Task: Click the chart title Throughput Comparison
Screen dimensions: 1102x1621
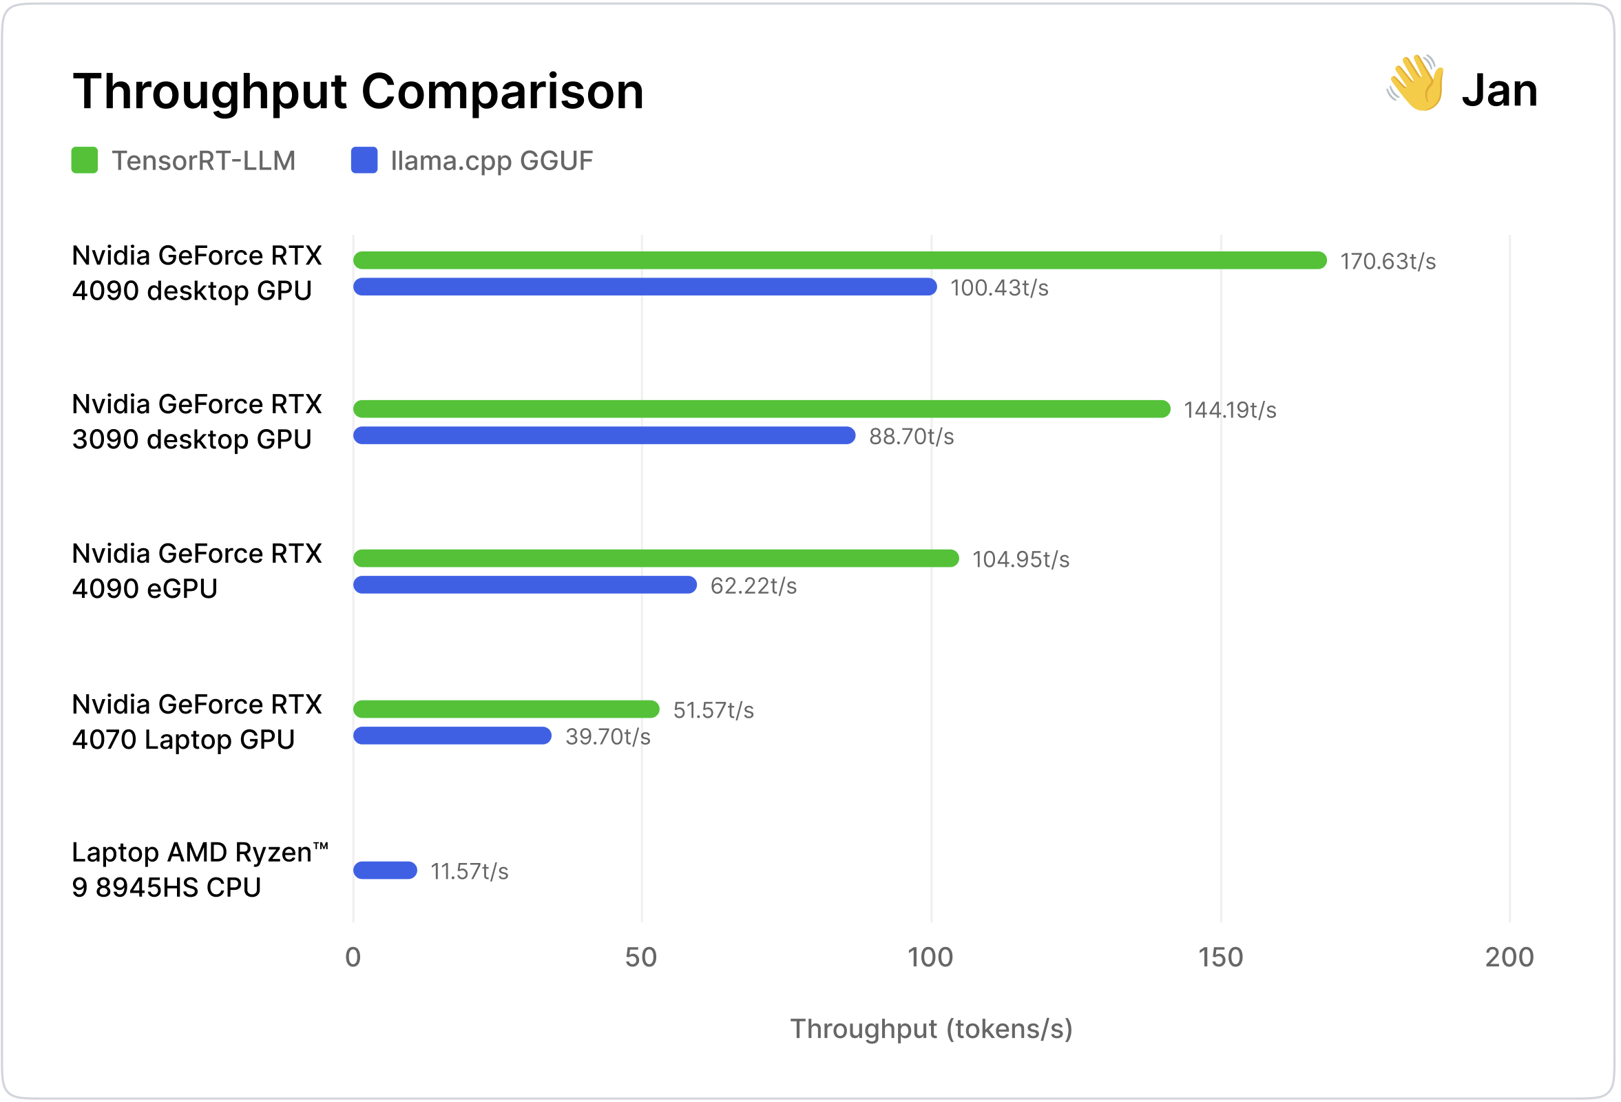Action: (x=358, y=92)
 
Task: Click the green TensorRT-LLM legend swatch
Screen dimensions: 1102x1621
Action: (x=85, y=160)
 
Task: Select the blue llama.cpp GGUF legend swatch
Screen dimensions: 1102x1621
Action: (x=364, y=160)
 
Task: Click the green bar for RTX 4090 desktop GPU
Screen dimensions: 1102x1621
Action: (x=839, y=260)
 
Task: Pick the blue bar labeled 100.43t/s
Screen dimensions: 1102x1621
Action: (x=645, y=287)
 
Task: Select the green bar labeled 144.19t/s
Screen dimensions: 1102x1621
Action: (x=761, y=409)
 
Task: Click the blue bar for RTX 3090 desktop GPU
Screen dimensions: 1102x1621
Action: (x=604, y=436)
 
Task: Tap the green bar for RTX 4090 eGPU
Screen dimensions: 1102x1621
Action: (x=656, y=559)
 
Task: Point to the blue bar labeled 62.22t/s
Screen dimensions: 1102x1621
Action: (x=525, y=585)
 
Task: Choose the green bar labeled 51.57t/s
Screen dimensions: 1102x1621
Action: (x=505, y=709)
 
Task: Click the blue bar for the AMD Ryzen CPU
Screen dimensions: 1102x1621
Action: (x=385, y=871)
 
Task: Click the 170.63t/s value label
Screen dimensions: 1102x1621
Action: (x=1388, y=262)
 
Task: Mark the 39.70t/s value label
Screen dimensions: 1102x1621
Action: (x=607, y=737)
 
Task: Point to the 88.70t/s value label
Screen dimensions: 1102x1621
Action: (x=911, y=437)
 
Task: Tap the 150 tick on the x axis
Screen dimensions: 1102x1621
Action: (x=1221, y=957)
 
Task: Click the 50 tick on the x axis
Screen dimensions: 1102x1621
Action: (x=641, y=957)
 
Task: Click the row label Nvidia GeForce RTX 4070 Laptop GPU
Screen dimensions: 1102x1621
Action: (x=197, y=722)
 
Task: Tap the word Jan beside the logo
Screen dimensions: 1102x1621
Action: (x=1500, y=91)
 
